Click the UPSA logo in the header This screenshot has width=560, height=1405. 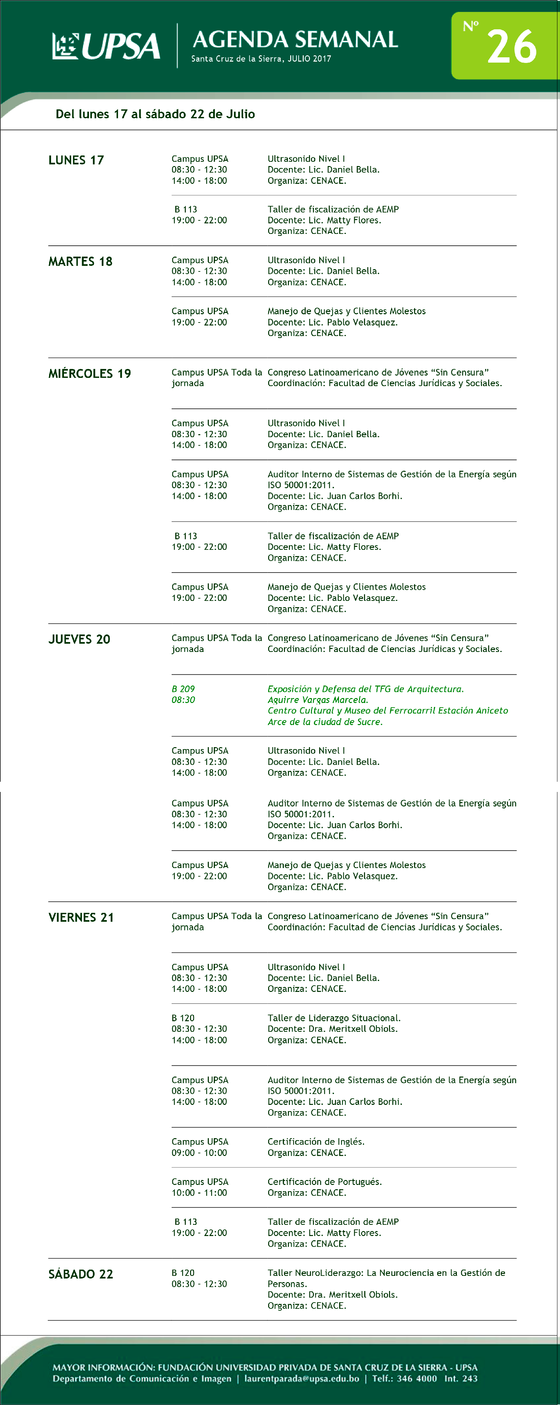pos(106,46)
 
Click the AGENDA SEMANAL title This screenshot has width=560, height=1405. pos(295,39)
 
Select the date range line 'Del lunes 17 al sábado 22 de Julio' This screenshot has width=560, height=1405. pos(155,114)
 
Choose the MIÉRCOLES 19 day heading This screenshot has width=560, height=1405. pos(89,374)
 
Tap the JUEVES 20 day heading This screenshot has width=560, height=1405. pos(79,639)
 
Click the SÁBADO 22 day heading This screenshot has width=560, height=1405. pos(81,1274)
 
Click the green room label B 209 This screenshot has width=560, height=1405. pos(183,689)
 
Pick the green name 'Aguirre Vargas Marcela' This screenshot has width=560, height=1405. pos(317,700)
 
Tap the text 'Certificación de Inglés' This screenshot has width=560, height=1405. pos(316,1141)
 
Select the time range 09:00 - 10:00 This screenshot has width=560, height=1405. pos(199,1152)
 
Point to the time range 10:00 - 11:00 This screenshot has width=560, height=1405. pos(199,1192)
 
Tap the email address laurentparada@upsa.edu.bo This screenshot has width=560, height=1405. pos(301,1379)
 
